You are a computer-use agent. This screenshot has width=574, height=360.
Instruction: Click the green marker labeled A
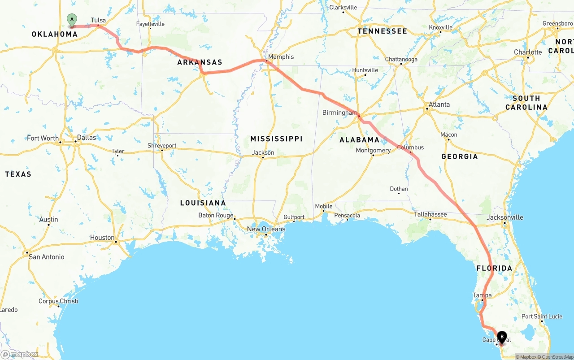[x=72, y=20]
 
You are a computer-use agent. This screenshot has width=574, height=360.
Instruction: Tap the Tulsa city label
[x=98, y=20]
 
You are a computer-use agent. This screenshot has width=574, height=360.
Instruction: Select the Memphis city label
[x=281, y=56]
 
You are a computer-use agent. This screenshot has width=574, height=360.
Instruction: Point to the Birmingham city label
[x=339, y=113]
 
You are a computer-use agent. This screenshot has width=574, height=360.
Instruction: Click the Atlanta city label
[x=439, y=104]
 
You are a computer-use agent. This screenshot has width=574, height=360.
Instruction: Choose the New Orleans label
[x=266, y=229]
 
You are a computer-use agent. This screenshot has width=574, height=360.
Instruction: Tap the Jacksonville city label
[x=505, y=217]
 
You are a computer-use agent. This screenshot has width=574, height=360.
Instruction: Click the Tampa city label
[x=482, y=295]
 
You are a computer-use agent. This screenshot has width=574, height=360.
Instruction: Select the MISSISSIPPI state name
[x=276, y=139]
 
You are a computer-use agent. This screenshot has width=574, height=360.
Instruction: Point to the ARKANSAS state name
[x=200, y=62]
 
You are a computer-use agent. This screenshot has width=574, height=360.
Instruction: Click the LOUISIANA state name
[x=203, y=203]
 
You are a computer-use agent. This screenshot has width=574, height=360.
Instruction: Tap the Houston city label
[x=102, y=238]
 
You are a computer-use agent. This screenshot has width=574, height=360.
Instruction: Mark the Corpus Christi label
[x=58, y=301]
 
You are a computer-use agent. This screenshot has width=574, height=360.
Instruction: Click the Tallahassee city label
[x=430, y=214]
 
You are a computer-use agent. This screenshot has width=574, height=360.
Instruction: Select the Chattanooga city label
[x=401, y=59]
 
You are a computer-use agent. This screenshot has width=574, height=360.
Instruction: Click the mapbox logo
[x=20, y=354]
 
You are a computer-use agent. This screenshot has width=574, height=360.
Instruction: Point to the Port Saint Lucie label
[x=542, y=317]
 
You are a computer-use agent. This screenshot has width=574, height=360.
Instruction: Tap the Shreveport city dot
[x=162, y=150]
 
